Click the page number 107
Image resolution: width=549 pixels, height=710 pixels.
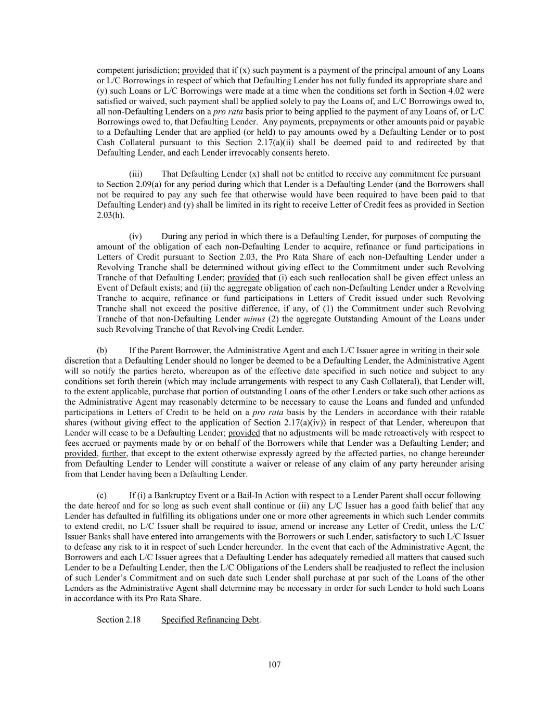274,664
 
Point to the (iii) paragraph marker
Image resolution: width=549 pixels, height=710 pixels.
135,174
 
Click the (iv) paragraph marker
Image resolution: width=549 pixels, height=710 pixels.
135,236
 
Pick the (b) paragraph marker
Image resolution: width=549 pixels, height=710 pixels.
102,351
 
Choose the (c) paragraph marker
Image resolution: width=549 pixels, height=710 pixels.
102,495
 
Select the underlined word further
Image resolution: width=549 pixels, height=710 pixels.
113,454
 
